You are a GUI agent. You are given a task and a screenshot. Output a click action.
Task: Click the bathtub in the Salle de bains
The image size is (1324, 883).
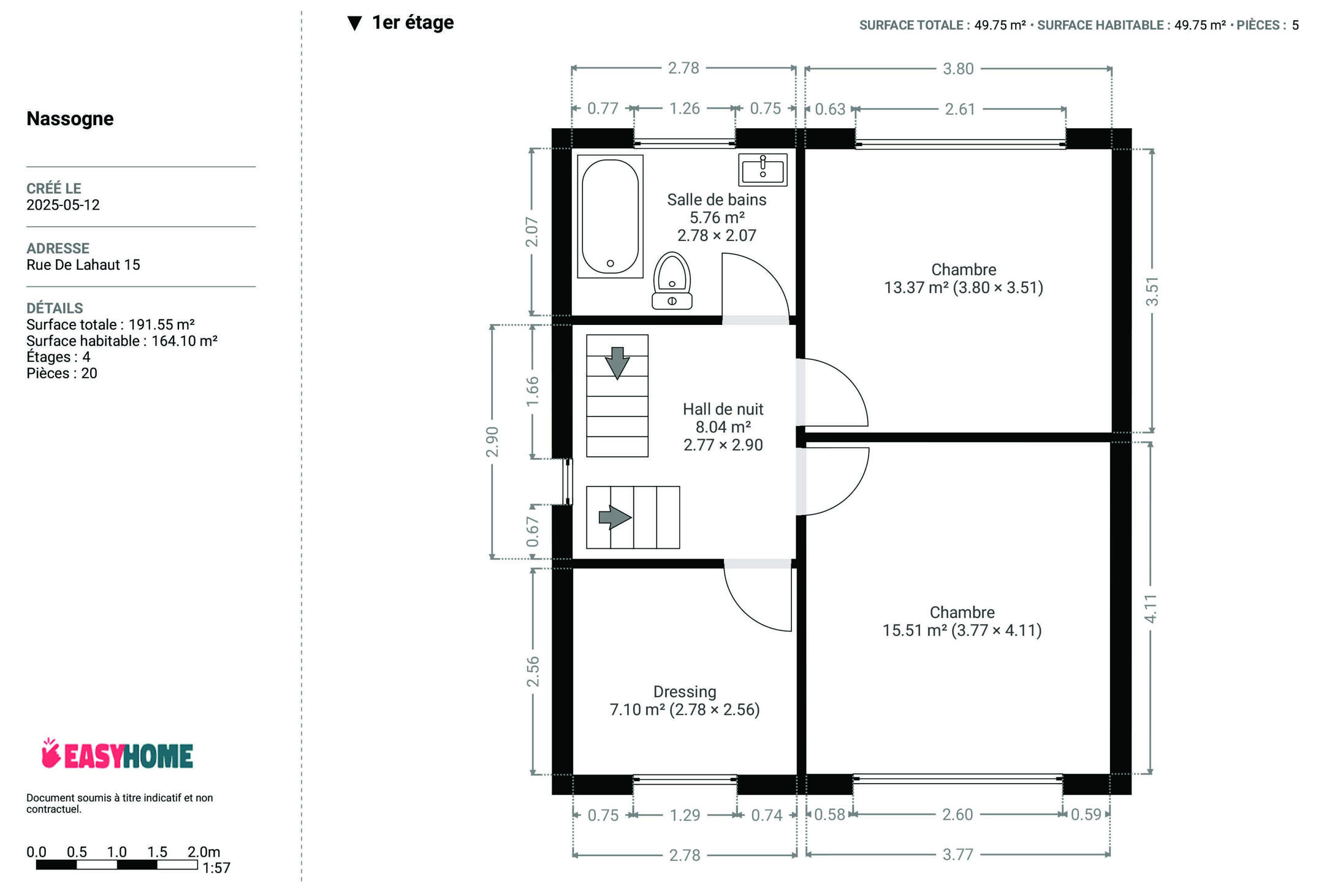(610, 216)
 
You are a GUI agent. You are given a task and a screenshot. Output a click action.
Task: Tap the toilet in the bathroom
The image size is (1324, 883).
(672, 281)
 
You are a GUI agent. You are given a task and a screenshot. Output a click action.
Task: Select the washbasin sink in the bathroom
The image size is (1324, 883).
(763, 169)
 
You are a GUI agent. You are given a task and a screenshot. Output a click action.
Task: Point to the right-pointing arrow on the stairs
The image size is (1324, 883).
(615, 517)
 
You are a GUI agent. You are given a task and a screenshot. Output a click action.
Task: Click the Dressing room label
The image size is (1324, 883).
(685, 692)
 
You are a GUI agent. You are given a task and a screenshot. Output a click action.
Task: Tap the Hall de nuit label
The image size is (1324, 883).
(723, 409)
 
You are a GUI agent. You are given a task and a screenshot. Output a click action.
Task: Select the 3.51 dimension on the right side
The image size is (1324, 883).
(1152, 291)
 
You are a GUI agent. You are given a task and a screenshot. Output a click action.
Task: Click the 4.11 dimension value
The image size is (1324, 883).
(1151, 608)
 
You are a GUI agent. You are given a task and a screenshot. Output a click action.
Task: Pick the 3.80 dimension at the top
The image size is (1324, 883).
(958, 69)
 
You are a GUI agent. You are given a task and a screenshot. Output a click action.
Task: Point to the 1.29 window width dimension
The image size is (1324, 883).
(685, 815)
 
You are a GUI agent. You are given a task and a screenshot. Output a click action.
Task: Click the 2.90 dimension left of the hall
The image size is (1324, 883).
(492, 442)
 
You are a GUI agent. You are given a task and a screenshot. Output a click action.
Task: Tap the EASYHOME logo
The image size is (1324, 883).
(117, 754)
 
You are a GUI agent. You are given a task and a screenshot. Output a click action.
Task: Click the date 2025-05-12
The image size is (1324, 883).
(63, 205)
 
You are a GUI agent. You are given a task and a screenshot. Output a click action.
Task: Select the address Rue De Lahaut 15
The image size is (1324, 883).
(83, 265)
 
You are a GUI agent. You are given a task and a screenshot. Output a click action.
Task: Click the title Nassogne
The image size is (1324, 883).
(70, 118)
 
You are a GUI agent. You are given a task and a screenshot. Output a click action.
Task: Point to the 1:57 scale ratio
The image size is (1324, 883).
(216, 868)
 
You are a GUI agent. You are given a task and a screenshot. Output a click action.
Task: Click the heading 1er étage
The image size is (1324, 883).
(413, 23)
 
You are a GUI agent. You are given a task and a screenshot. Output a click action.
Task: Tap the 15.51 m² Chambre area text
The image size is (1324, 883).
(962, 630)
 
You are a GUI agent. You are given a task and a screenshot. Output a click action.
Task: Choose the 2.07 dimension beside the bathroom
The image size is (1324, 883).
(532, 232)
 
